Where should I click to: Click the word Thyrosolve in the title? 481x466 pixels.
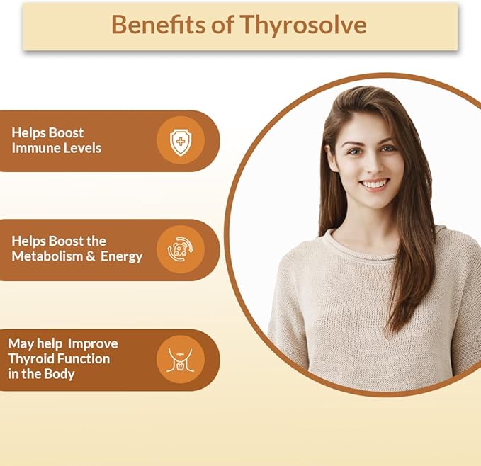(x=303, y=25)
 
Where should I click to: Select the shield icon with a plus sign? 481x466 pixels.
(x=181, y=140)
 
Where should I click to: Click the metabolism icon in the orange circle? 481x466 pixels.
(x=181, y=249)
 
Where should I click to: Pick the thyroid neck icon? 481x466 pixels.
(x=181, y=360)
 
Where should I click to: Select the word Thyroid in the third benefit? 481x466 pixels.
(x=30, y=359)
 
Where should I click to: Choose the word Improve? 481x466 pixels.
(x=93, y=343)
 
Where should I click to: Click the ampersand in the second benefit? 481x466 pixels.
(x=91, y=257)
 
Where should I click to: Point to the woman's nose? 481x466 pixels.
(x=372, y=164)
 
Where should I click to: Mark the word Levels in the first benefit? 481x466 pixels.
(x=83, y=149)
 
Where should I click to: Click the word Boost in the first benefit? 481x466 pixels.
(x=67, y=132)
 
